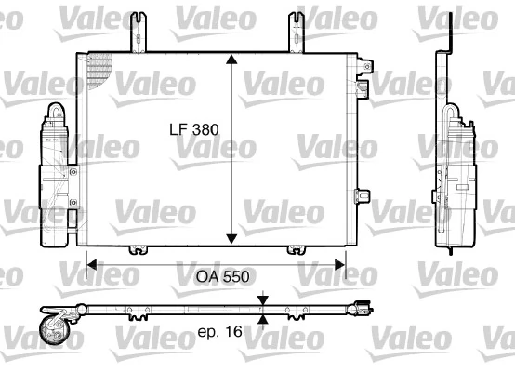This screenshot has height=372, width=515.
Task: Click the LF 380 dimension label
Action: tap(193, 130)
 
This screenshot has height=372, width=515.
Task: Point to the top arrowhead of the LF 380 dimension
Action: tap(231, 59)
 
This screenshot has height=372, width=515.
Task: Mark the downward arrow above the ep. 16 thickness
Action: tap(264, 299)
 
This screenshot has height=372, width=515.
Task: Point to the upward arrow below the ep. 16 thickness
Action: tap(264, 318)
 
